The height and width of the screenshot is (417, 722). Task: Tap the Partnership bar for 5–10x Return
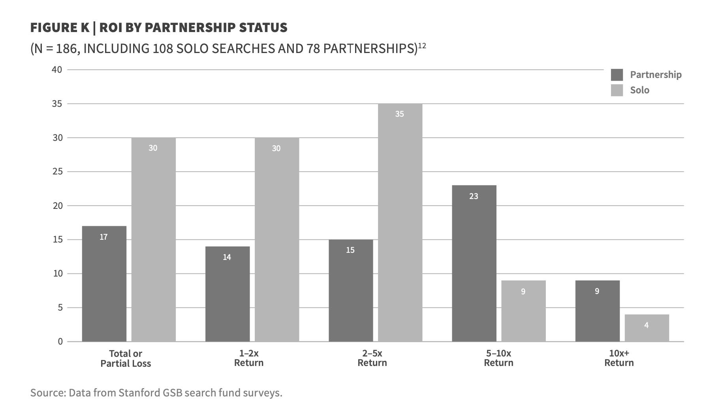(x=474, y=263)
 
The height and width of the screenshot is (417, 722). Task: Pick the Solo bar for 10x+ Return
(x=647, y=328)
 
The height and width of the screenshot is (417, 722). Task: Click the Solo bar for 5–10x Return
(x=523, y=311)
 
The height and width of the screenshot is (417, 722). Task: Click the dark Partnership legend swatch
(x=617, y=75)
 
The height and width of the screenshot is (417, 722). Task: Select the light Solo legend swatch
(x=617, y=90)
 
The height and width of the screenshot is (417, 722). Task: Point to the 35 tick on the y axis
(x=57, y=104)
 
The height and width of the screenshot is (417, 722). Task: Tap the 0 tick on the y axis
(x=60, y=341)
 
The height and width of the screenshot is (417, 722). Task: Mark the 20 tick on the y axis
(x=57, y=206)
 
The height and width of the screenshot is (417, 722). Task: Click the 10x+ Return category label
(x=619, y=358)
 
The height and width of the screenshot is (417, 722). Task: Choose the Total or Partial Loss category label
(x=126, y=358)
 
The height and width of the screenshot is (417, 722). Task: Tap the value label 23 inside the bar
(x=474, y=196)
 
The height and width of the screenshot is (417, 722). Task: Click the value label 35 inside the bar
(x=399, y=114)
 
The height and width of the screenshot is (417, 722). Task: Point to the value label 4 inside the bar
(x=646, y=325)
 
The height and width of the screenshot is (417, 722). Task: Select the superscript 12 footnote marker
(x=422, y=45)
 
